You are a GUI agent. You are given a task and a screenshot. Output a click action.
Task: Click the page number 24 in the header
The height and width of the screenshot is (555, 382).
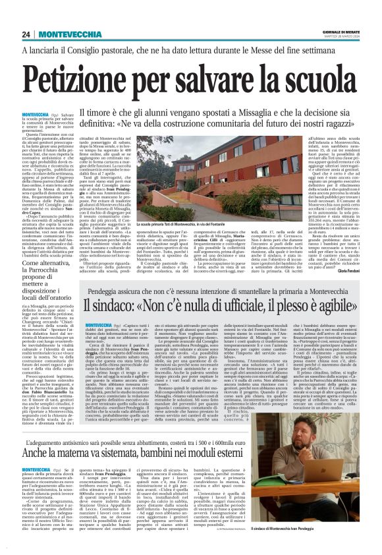tap(26, 34)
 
